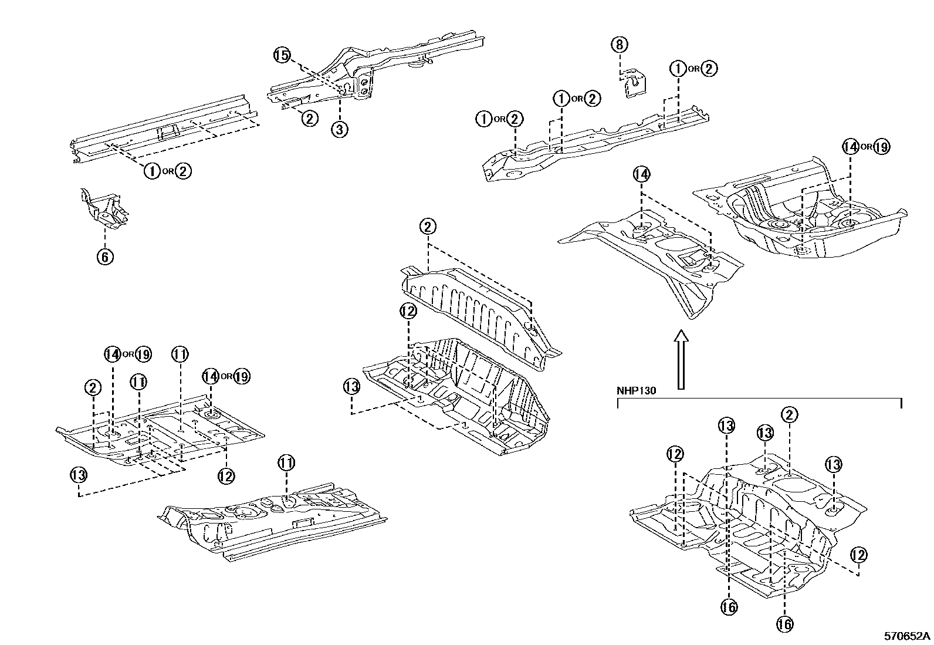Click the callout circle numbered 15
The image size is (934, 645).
click(x=282, y=56)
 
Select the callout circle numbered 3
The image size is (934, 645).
click(x=340, y=129)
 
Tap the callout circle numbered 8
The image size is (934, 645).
click(x=620, y=44)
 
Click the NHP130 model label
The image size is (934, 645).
click(x=636, y=390)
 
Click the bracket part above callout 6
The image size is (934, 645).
click(x=104, y=208)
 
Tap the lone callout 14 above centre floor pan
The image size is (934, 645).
click(x=642, y=174)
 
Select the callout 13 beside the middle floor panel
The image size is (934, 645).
click(x=351, y=387)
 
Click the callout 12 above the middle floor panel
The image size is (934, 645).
click(x=408, y=311)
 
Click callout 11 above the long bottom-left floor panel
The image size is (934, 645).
click(x=286, y=464)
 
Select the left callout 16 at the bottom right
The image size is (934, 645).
click(x=729, y=607)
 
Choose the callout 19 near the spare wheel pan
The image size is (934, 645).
click(x=881, y=147)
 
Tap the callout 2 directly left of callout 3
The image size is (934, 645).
click(x=309, y=118)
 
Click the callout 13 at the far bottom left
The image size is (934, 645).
click(x=79, y=474)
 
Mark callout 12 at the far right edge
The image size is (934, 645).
click(x=858, y=555)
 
